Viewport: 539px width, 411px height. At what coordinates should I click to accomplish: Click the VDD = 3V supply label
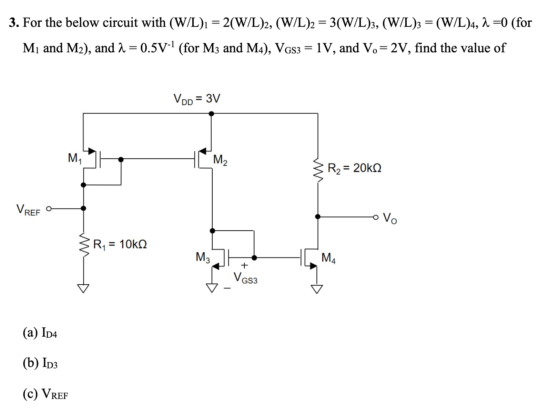tap(196, 99)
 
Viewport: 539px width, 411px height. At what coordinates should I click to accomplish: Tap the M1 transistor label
tap(74, 158)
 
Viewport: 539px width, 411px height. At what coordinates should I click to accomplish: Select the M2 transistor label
tap(220, 160)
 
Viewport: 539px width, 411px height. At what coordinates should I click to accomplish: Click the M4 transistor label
tap(328, 257)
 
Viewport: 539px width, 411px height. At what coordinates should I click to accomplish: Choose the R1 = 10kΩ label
tap(120, 244)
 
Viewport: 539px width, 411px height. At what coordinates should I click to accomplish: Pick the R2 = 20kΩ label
tap(354, 168)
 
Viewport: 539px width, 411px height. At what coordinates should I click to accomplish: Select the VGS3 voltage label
tap(245, 277)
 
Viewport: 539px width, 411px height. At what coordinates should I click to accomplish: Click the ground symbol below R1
tap(83, 288)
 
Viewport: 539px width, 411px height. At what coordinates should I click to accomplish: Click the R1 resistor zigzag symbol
tap(83, 244)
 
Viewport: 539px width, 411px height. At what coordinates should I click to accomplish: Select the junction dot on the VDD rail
tap(211, 113)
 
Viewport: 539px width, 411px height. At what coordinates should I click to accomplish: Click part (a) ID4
tap(40, 333)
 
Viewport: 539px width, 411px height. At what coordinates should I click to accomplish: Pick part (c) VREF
tap(45, 393)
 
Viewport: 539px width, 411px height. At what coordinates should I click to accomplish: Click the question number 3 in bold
tap(13, 23)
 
